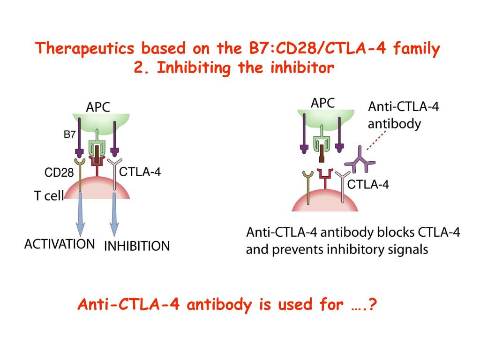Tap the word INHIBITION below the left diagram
tap(136, 246)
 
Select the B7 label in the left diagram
tap(69, 135)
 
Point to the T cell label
tap(48, 195)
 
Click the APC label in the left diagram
tap(98, 107)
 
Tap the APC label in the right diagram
tap(323, 103)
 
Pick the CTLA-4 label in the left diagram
tap(140, 172)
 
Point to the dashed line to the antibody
tap(376, 140)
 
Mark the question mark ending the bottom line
tap(373, 305)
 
